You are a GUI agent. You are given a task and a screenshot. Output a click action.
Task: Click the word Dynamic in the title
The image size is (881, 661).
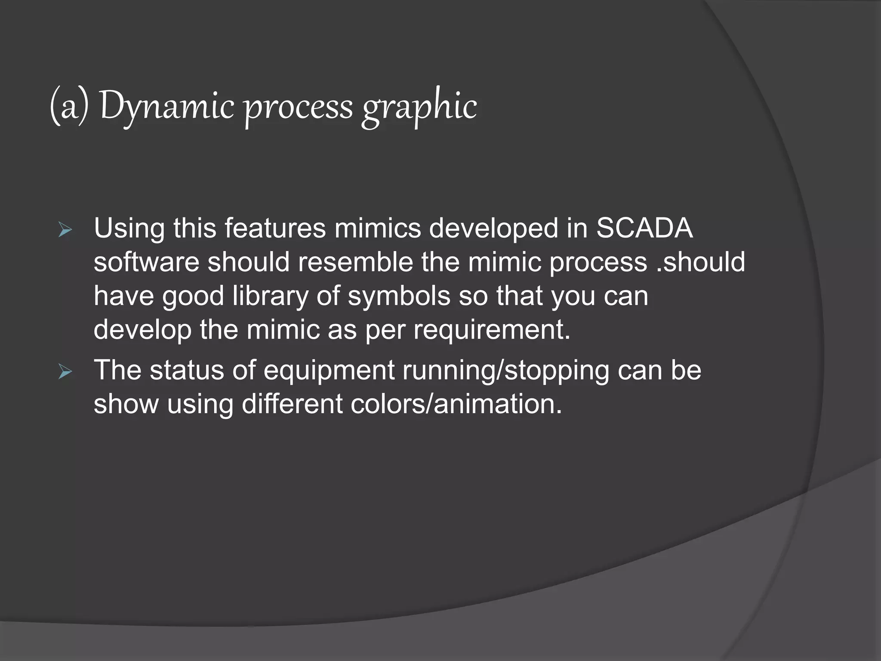click(x=167, y=107)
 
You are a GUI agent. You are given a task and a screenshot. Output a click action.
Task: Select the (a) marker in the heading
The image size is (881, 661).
click(x=69, y=107)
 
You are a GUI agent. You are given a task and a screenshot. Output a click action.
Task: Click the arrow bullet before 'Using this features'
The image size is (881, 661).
click(x=65, y=231)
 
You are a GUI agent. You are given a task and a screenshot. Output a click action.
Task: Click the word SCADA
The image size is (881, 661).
click(x=644, y=228)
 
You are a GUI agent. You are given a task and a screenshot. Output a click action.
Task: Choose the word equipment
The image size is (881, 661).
click(x=329, y=371)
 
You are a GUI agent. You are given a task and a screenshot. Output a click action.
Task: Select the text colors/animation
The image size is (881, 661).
click(x=456, y=404)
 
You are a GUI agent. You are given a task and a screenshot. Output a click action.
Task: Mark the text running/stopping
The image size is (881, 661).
click(x=505, y=371)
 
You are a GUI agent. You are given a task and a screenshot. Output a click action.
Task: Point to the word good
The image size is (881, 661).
click(x=193, y=296)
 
